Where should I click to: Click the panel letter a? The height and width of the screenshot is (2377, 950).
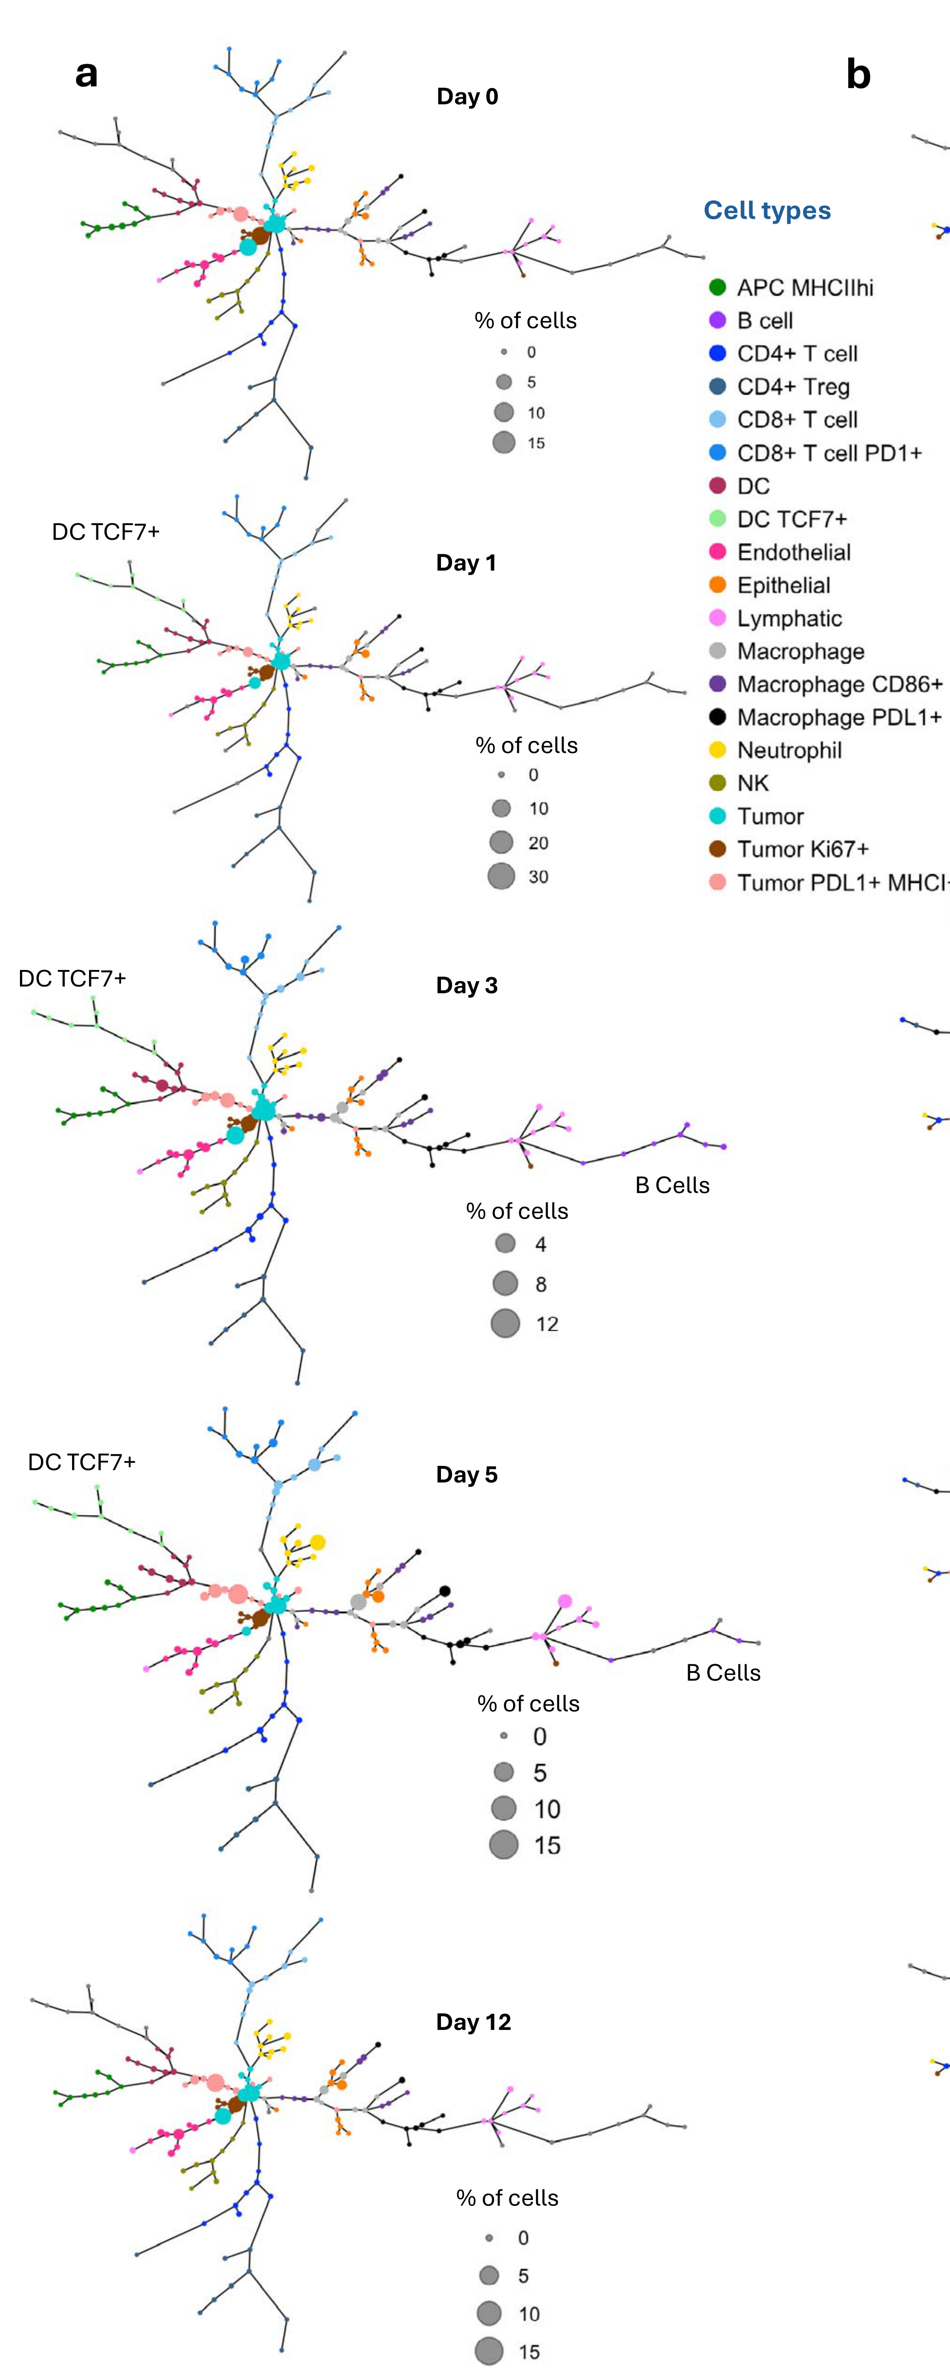86,73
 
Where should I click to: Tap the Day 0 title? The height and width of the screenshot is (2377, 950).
467,97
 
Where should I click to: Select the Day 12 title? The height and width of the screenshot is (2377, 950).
473,2022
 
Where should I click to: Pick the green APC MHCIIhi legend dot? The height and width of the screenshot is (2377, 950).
717,287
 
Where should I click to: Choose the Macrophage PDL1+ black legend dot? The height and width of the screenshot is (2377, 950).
717,717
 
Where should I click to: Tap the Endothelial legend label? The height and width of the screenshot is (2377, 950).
793,552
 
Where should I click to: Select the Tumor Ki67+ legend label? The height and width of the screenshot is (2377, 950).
802,849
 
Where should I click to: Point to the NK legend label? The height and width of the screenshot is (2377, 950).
752,783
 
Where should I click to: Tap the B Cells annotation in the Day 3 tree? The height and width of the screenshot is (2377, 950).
672,1186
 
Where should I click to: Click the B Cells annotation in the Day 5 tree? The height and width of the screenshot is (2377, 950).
723,1673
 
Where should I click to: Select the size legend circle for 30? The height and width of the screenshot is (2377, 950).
501,876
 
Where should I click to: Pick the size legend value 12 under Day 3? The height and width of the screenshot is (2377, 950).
547,1324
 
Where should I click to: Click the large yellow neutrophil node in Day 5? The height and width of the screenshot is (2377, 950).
318,1542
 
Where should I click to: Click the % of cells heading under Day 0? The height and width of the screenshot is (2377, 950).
525,320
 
